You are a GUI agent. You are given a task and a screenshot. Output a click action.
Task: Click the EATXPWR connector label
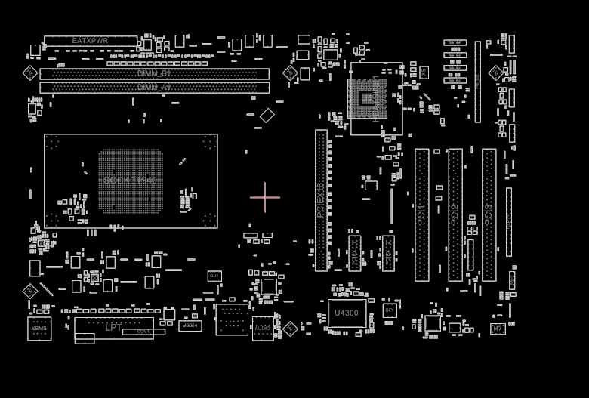pos(91,41)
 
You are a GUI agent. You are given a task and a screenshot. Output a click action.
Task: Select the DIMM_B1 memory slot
pos(154,74)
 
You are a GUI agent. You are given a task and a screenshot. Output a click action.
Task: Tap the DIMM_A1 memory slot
pos(154,88)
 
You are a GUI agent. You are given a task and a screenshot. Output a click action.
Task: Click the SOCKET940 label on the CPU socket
pos(131,180)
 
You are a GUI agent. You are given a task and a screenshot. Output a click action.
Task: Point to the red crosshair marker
pos(265,198)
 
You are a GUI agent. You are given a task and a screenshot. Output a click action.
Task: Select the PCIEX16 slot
pos(321,200)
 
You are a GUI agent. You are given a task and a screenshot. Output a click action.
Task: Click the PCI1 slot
pos(421,214)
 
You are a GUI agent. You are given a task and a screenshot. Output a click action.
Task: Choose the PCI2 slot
pos(455,214)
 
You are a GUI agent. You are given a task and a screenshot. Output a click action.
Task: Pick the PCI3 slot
pos(489,214)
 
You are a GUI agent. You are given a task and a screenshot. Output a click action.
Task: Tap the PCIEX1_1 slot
pos(355,254)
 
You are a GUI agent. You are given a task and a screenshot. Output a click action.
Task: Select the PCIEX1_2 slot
pos(388,254)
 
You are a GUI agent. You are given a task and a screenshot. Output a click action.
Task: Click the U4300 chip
pos(347,313)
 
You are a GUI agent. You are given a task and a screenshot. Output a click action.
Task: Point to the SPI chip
pos(390,310)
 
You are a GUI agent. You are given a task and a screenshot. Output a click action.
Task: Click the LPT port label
pos(113,328)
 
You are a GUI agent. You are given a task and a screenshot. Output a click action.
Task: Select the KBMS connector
pos(39,329)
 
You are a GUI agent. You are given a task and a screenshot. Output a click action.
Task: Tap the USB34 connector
pos(190,325)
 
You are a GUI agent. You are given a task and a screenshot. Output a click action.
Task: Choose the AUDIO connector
pos(263,329)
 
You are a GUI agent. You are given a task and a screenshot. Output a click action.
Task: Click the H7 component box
pos(498,329)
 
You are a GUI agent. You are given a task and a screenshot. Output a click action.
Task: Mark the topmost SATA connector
pos(455,43)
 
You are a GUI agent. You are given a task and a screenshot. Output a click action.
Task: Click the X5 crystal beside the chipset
pos(424,73)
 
